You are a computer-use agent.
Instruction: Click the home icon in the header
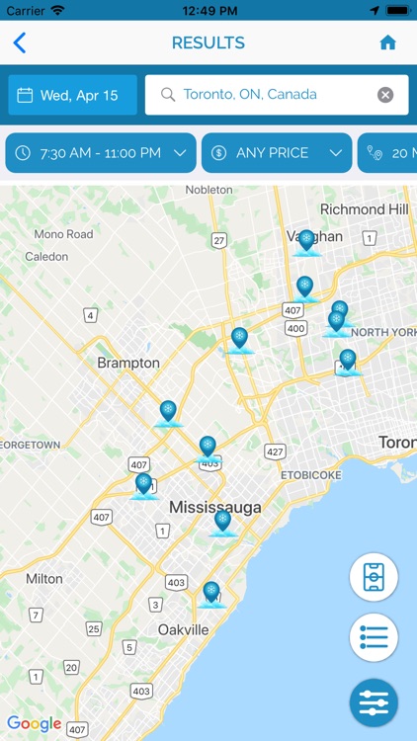[x=387, y=42]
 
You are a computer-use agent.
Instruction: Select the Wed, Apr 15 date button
[x=72, y=95]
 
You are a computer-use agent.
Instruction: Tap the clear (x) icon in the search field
[x=385, y=95]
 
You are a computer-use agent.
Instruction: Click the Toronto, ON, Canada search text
[x=250, y=95]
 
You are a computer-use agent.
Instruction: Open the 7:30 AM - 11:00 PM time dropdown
[x=99, y=153]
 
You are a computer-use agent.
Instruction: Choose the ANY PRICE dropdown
[x=277, y=153]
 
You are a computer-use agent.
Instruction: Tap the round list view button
[x=374, y=637]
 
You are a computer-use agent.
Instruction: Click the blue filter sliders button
[x=374, y=702]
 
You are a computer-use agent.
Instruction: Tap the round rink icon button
[x=374, y=578]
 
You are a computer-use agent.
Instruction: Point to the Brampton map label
[x=128, y=363]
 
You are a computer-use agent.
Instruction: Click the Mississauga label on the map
[x=215, y=507]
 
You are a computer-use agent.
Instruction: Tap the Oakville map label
[x=184, y=629]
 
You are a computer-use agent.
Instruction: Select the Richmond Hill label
[x=364, y=209]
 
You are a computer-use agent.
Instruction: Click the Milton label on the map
[x=43, y=578]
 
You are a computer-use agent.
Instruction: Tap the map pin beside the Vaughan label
[x=306, y=240]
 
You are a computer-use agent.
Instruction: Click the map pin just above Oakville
[x=210, y=593]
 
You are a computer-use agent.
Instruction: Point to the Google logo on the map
[x=35, y=723]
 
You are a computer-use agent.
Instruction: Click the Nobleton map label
[x=209, y=189]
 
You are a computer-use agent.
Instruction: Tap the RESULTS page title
[x=208, y=42]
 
